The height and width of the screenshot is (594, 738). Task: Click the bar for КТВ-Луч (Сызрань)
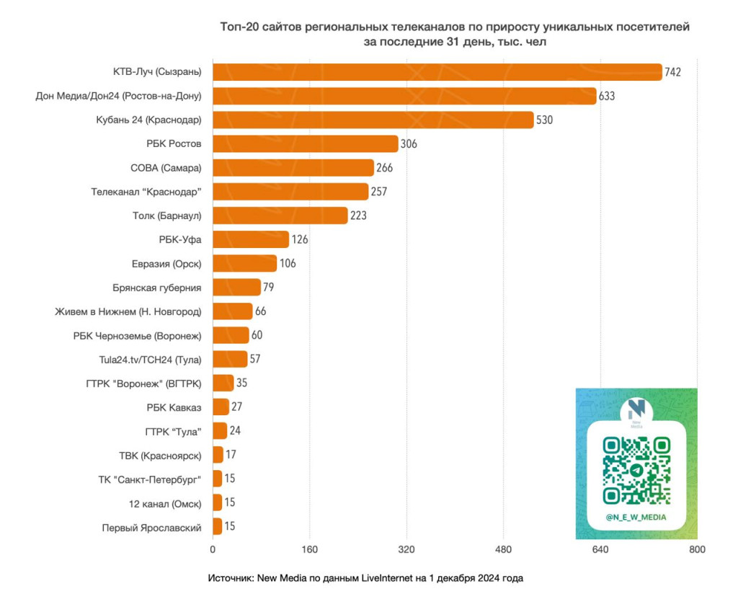coord(437,72)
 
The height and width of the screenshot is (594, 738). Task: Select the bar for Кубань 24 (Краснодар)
coord(373,120)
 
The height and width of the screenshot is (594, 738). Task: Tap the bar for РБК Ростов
coord(305,143)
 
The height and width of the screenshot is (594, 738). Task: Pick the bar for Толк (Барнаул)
coord(280,216)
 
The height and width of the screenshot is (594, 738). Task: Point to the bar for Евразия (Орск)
coord(244,263)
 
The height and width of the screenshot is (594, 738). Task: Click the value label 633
coord(606,96)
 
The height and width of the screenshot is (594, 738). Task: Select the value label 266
coord(384,168)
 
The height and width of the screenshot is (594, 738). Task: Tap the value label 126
coord(300,239)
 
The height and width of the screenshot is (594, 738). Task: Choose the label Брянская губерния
coord(157,288)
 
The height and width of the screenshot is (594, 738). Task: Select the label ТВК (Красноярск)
coord(160,455)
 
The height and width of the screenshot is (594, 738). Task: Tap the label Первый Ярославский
coord(151,527)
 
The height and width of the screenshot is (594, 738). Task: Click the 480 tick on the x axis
coord(503,551)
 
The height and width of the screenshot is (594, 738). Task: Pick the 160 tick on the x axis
coord(309,551)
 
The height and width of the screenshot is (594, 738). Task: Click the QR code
coord(636,470)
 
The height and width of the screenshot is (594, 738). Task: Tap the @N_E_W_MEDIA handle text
coord(636,518)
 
